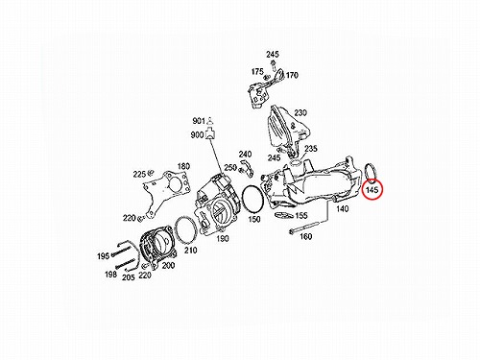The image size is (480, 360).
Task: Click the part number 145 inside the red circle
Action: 372,190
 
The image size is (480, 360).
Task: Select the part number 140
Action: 342,209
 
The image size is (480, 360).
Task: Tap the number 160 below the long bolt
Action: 305,236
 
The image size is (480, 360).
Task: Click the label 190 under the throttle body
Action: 223,238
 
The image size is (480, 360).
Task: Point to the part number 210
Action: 190,251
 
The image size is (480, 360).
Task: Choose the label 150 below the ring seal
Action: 254,219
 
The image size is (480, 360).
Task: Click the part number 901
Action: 199,121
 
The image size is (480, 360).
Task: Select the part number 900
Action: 197,135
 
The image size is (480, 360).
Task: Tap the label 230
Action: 300,113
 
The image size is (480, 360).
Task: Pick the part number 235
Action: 311,149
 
